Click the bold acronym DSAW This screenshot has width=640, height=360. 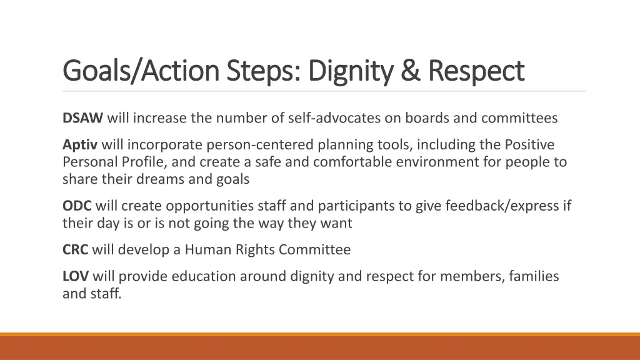click(83, 117)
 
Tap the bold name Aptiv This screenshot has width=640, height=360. click(80, 145)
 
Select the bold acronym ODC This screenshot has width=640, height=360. click(77, 206)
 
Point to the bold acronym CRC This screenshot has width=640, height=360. click(76, 250)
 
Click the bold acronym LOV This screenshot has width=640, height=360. click(76, 276)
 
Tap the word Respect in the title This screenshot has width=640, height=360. click(476, 71)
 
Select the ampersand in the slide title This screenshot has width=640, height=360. click(410, 71)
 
